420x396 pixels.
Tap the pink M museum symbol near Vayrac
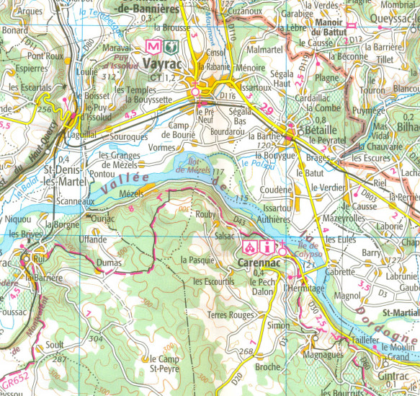152,45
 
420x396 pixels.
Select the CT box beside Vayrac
154,77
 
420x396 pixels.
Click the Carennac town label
255,265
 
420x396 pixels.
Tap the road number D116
228,94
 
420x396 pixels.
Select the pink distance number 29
267,107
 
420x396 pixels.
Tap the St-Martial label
400,312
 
